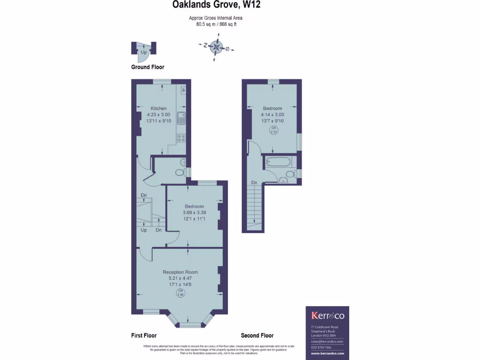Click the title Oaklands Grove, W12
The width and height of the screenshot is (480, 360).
tap(216, 5)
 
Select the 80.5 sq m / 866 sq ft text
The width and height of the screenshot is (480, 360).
tap(216, 24)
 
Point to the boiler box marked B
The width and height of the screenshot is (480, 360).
tap(183, 90)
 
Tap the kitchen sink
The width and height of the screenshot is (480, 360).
tap(182, 118)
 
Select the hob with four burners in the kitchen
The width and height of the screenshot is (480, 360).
tap(181, 138)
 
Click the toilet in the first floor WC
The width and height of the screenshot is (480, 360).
tap(180, 172)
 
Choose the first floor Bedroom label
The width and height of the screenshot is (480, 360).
tap(194, 206)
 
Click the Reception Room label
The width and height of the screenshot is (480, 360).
tap(180, 272)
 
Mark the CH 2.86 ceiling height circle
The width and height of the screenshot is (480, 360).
tap(180, 293)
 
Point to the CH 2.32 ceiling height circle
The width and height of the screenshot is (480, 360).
tap(272, 130)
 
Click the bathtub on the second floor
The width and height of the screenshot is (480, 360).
tap(278, 162)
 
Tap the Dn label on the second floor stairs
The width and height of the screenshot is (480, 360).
tap(254, 182)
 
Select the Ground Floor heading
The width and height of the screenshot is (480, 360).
tap(148, 67)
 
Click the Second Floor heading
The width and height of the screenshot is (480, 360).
tap(257, 336)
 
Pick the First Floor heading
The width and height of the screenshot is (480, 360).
tap(144, 336)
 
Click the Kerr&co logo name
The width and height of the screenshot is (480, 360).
tap(328, 316)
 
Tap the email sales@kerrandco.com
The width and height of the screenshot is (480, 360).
tap(327, 342)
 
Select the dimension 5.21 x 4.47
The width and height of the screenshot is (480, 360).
tap(180, 278)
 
